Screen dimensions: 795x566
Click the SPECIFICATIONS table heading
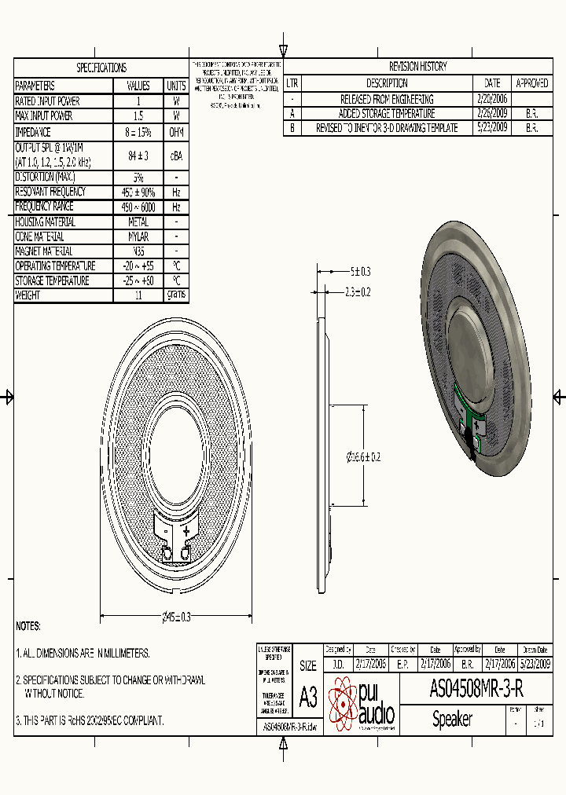point(101,68)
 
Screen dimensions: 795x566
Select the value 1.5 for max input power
point(138,116)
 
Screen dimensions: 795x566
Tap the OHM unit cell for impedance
point(176,133)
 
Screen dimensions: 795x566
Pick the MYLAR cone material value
point(138,236)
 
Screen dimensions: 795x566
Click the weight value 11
point(138,295)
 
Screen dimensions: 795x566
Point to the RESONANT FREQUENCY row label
point(51,192)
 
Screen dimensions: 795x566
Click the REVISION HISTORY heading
point(417,67)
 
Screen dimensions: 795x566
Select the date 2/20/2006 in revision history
point(492,99)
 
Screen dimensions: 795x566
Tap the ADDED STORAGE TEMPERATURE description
point(387,114)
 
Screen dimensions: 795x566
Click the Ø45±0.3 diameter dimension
point(176,617)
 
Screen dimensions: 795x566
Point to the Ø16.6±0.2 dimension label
point(363,456)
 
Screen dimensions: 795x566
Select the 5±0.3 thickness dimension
point(360,272)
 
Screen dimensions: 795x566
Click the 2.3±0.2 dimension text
point(358,291)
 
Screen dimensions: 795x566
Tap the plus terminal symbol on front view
point(186,531)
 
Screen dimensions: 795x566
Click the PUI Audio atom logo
point(343,705)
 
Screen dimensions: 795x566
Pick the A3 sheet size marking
point(308,697)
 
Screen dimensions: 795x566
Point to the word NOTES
point(28,626)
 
